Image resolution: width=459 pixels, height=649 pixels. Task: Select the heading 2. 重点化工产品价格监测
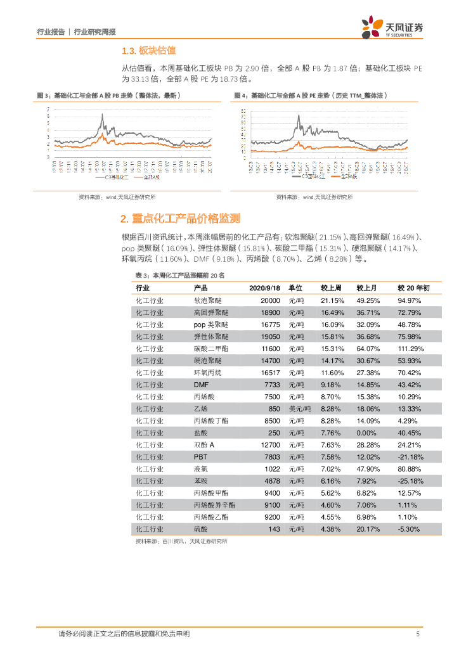point(181,219)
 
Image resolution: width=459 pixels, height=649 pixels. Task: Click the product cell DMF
point(201,385)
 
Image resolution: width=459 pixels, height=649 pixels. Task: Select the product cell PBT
point(201,456)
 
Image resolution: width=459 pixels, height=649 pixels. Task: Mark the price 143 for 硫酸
point(274,529)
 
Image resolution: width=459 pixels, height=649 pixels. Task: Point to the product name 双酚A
point(204,444)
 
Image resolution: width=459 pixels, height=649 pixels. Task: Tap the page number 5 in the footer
point(418,634)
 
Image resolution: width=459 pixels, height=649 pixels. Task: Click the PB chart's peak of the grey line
point(103,116)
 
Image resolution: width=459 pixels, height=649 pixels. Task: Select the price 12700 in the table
point(269,444)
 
